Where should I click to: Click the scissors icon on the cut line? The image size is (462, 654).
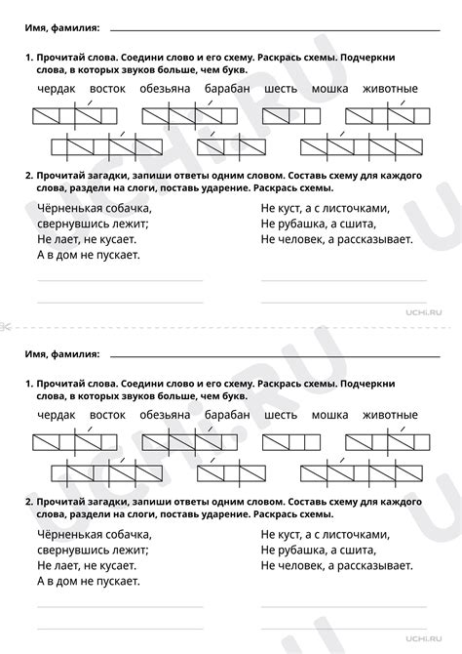point(7,325)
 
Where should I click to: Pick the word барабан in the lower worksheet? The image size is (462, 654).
point(228,414)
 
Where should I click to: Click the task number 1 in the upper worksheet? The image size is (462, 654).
point(29,59)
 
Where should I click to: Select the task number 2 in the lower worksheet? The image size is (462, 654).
point(29,501)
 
